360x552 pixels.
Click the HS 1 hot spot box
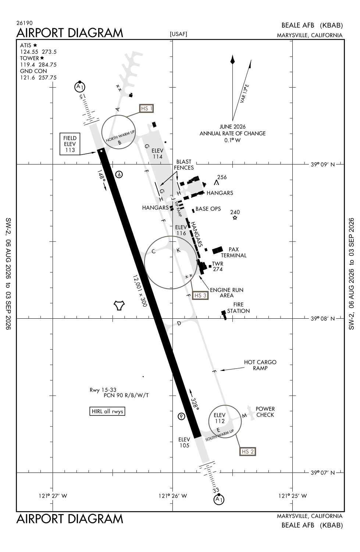click(x=146, y=109)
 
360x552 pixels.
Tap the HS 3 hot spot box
click(x=200, y=296)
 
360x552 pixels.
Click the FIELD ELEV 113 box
click(x=70, y=144)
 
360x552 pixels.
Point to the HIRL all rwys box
click(x=107, y=411)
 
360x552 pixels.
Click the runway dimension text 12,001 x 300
click(x=140, y=291)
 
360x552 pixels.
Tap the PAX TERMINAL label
click(x=234, y=252)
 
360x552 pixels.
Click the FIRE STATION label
click(x=238, y=308)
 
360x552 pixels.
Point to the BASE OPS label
click(x=208, y=209)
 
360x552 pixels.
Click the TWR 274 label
click(x=218, y=266)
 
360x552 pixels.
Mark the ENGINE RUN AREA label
click(x=227, y=293)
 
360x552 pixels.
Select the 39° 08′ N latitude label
click(x=322, y=319)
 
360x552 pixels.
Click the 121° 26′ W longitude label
click(x=172, y=496)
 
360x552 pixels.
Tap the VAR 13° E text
click(x=245, y=93)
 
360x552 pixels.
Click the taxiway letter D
click(x=179, y=323)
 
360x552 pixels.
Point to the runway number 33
click(x=216, y=490)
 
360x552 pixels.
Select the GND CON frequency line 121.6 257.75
click(x=38, y=78)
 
